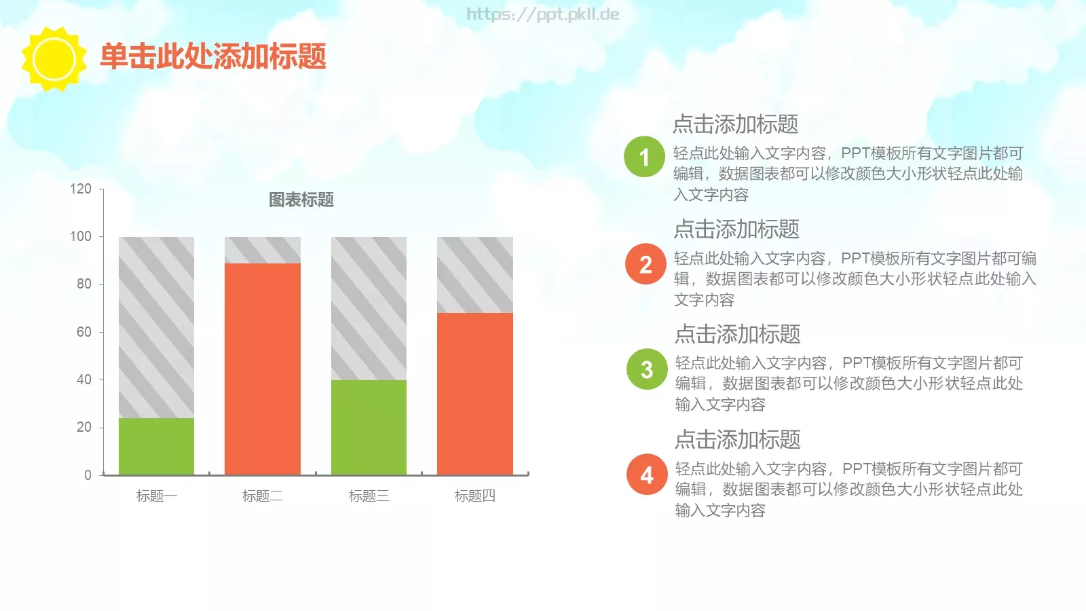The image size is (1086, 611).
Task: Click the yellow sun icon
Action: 54,59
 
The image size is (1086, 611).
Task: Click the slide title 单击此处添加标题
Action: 213,56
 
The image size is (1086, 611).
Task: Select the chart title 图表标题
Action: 301,200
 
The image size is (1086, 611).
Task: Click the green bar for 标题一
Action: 156,446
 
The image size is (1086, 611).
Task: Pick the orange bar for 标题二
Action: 263,369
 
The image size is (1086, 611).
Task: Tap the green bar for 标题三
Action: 369,427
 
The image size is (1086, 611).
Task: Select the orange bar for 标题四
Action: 475,393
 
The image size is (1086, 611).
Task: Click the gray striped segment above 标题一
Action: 156,327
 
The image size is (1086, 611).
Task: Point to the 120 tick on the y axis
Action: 81,189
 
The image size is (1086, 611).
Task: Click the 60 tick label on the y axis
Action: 83,332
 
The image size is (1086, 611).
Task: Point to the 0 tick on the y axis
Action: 88,475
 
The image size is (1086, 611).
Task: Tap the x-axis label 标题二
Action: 263,496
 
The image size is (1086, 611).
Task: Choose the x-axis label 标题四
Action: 475,496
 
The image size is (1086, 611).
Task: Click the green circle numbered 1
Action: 644,157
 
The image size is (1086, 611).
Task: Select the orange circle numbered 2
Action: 645,264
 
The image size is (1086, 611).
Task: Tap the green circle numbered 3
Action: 647,369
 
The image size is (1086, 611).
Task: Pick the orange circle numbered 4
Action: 647,475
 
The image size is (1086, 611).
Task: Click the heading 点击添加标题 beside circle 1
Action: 735,124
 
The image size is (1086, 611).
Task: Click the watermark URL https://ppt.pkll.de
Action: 542,14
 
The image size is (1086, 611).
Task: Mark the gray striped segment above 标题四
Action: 475,275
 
